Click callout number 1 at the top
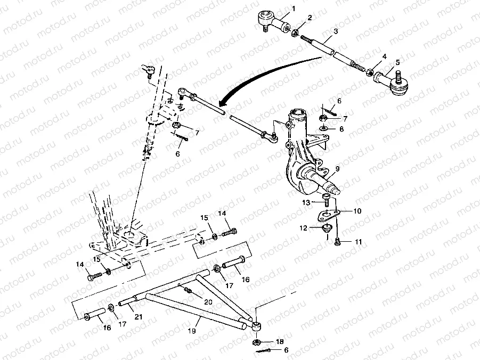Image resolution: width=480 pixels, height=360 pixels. pyautogui.click(x=293, y=8)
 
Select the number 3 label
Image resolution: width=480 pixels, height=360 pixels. pyautogui.click(x=336, y=31)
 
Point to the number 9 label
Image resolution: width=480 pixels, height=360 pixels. pyautogui.click(x=336, y=170)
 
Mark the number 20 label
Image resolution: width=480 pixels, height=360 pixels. pyautogui.click(x=207, y=301)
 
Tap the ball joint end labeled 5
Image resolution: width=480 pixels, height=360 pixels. pyautogui.click(x=390, y=83)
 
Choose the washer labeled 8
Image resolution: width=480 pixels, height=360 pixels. pyautogui.click(x=324, y=129)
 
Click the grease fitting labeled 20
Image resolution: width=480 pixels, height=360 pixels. pyautogui.click(x=188, y=290)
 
